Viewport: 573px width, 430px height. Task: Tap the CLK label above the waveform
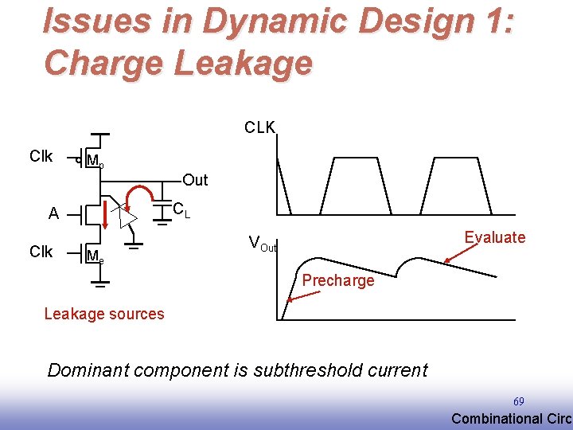tap(259, 127)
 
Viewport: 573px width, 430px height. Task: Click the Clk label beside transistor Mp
tap(41, 156)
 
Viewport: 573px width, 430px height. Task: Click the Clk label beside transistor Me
tap(41, 252)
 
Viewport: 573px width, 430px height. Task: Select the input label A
tap(53, 213)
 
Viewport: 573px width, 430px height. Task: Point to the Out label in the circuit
tap(195, 180)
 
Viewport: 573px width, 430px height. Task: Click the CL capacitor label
tap(181, 210)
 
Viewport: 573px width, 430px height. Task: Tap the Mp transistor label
tap(94, 162)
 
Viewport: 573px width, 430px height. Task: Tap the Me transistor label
tap(94, 257)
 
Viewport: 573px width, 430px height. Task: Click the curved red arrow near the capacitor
tap(146, 195)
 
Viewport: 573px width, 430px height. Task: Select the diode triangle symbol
tap(123, 213)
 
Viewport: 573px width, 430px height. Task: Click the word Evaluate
tap(494, 236)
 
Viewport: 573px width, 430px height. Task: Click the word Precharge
tap(337, 280)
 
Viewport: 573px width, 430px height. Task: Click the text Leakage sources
tap(104, 314)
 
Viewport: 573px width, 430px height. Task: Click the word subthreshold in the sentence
tap(301, 370)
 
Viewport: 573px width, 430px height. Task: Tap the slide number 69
tap(518, 402)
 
